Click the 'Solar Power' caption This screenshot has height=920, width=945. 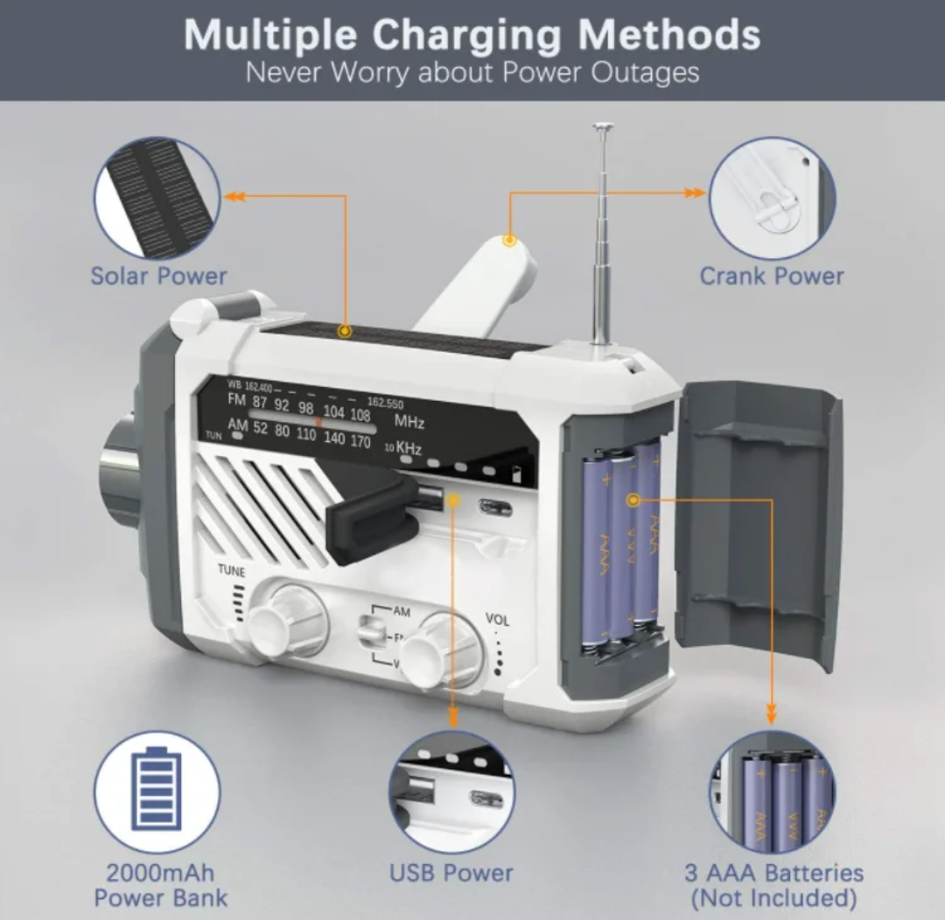(x=158, y=277)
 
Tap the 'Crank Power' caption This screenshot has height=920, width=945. (x=772, y=277)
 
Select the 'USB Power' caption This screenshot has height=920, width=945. (x=451, y=873)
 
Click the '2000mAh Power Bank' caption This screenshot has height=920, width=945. (x=160, y=885)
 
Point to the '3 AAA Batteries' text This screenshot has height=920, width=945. (x=773, y=873)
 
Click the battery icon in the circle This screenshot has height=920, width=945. (x=157, y=790)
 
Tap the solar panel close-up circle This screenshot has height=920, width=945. (x=157, y=199)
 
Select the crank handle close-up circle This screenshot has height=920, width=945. (x=772, y=199)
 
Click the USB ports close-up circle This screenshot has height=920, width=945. (x=451, y=793)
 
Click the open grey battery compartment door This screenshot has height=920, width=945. (x=758, y=525)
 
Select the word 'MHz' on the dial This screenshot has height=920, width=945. (x=409, y=422)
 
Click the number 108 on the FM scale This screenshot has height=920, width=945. (x=360, y=414)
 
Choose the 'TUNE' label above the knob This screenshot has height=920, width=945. (x=232, y=571)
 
